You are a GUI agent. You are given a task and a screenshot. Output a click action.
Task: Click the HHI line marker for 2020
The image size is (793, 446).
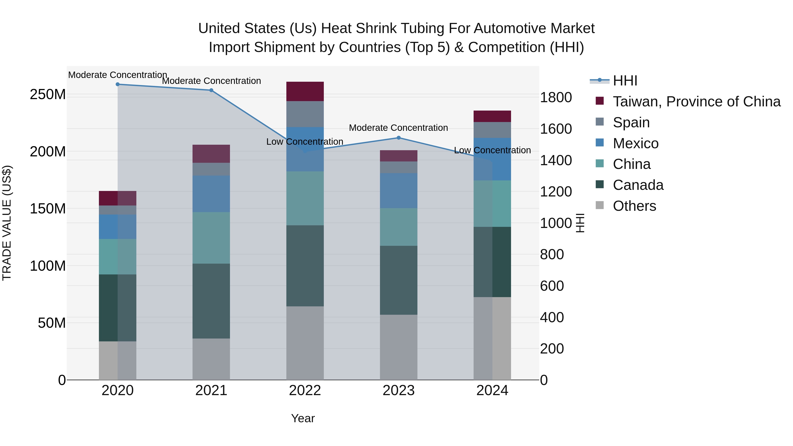118,84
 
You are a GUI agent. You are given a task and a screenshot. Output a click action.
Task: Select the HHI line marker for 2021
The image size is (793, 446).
211,90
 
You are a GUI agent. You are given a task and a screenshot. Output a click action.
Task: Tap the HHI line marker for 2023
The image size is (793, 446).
399,138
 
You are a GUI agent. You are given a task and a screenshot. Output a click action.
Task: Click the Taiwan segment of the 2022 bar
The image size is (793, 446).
305,91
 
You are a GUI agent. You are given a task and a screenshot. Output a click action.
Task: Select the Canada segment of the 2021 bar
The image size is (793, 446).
211,301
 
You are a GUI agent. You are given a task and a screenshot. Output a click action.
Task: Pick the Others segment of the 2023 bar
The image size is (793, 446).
399,347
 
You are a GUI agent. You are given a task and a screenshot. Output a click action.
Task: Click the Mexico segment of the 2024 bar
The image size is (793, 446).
492,159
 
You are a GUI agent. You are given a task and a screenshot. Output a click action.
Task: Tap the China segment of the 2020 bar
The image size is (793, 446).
118,257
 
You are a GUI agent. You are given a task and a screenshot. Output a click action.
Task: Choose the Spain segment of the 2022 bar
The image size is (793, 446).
305,114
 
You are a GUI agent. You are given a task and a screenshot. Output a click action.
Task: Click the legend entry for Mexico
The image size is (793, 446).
635,143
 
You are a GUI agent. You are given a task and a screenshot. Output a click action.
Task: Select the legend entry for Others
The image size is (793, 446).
634,206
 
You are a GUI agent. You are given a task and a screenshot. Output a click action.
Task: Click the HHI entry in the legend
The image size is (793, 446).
625,81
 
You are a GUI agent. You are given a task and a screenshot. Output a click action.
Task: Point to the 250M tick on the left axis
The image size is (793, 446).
48,94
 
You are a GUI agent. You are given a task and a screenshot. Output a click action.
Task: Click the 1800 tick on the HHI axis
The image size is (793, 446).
556,98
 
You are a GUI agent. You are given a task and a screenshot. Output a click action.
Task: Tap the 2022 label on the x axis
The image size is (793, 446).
305,390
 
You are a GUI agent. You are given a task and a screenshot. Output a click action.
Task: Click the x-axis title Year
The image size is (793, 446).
303,418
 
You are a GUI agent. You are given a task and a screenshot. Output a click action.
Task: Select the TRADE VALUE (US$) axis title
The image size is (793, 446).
7,223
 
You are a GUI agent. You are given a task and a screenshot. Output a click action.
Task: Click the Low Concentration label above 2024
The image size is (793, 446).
492,150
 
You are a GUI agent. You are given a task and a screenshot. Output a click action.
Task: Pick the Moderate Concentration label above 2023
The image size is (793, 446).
398,128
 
